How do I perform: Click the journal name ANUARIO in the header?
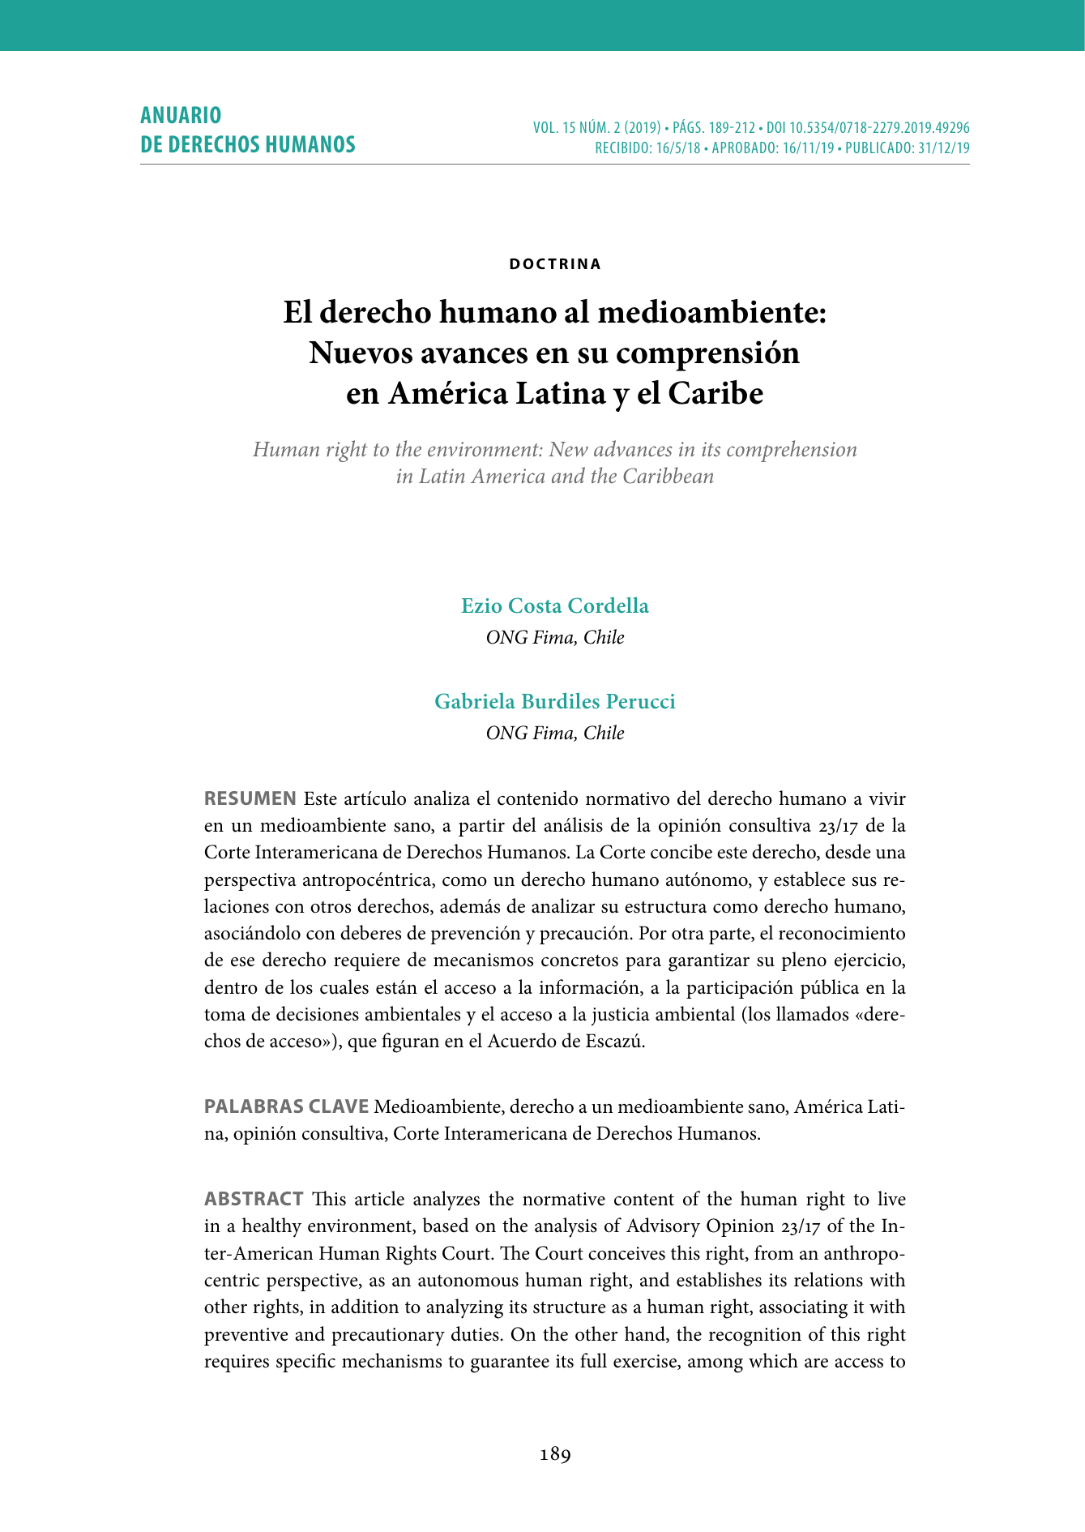tap(181, 115)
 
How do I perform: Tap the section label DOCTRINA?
tap(555, 264)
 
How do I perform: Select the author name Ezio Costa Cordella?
tap(555, 606)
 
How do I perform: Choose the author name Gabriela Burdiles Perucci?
tap(555, 701)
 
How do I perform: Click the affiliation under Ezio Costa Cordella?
tap(555, 637)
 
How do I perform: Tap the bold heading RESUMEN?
tap(250, 798)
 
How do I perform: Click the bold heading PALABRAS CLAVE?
tap(287, 1106)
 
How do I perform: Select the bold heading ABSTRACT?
tap(254, 1199)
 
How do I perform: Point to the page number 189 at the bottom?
tap(555, 1454)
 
